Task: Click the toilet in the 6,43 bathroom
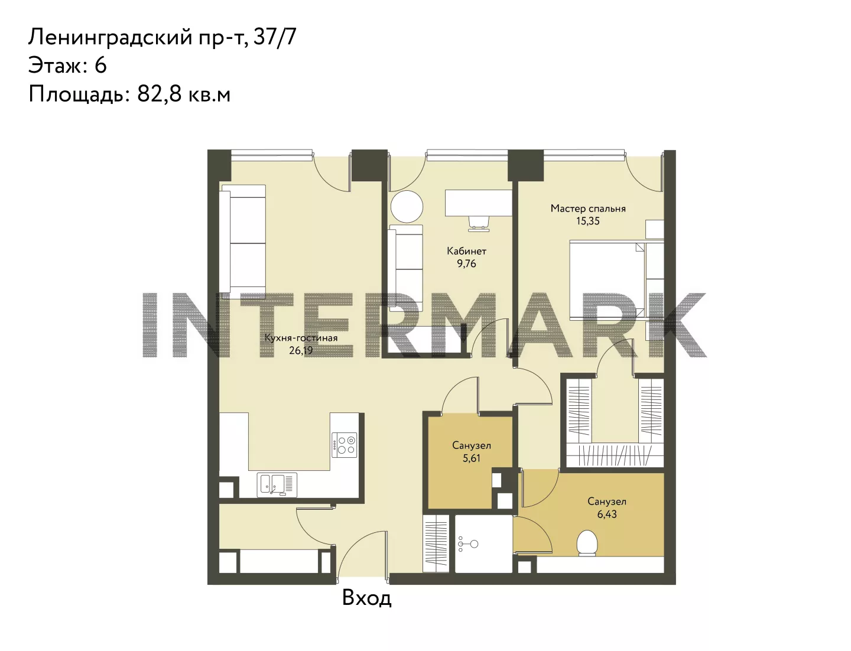tap(586, 543)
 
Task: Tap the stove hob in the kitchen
tap(344, 445)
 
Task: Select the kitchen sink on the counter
tap(277, 484)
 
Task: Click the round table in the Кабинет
tap(407, 207)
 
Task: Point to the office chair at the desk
tap(479, 223)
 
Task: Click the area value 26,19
tap(301, 350)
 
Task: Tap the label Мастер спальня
tap(588, 209)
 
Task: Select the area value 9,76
tap(466, 263)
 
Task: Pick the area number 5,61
tap(472, 458)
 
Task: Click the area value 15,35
tap(588, 221)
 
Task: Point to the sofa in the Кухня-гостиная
tap(242, 242)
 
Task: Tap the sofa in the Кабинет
tap(405, 268)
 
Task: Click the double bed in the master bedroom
tap(616, 280)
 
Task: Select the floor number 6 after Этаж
tap(100, 65)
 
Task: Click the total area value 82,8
tap(160, 94)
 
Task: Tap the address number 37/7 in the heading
tap(275, 37)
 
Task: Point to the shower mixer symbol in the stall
tap(467, 543)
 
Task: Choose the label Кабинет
tap(466, 251)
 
